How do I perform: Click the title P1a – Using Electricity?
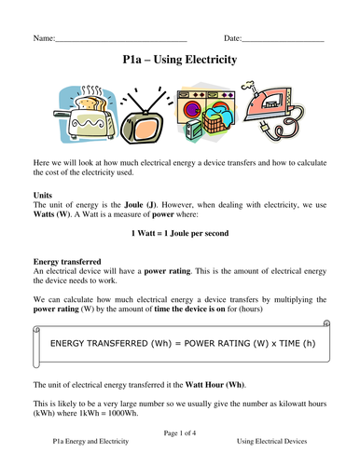pyautogui.click(x=180, y=61)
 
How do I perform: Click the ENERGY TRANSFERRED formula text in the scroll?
pyautogui.click(x=179, y=344)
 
